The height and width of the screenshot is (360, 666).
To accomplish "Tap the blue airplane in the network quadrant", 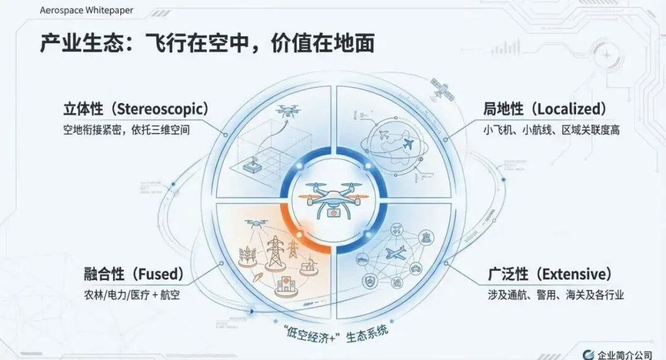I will pos(396,252).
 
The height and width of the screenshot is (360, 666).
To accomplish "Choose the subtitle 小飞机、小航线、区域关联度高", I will pos(551,131).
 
